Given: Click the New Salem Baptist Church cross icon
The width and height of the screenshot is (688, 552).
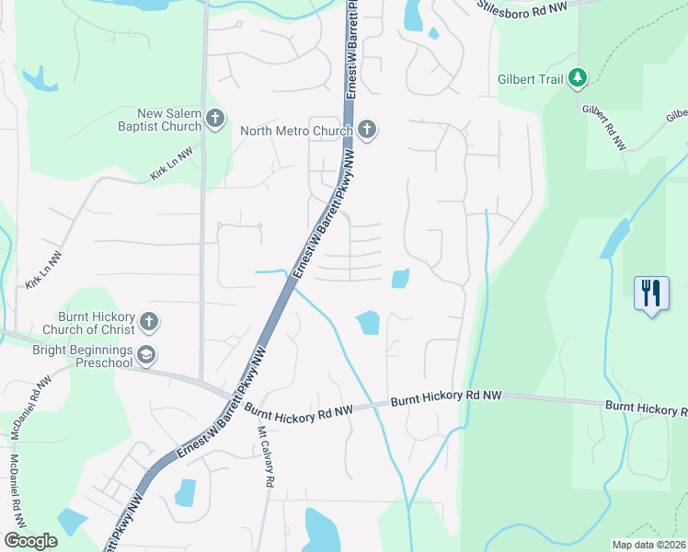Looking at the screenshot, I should [215, 118].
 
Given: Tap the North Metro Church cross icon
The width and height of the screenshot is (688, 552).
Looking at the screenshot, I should [367, 130].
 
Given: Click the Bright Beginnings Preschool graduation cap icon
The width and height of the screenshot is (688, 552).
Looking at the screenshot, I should [146, 355].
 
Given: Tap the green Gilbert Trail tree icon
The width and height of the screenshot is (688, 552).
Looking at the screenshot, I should [578, 79].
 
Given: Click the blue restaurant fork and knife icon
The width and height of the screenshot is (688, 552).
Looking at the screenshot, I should [651, 294].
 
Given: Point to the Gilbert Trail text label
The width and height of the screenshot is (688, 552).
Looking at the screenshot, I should [530, 80].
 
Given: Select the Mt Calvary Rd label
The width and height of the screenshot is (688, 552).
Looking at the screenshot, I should [266, 456].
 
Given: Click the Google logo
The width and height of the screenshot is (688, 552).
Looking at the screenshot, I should [30, 541].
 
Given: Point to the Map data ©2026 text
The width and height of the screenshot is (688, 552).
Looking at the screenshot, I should [648, 545].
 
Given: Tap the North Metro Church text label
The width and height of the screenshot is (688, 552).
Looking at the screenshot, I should [296, 131].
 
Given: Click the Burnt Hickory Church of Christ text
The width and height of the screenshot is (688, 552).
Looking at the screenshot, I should [88, 322].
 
